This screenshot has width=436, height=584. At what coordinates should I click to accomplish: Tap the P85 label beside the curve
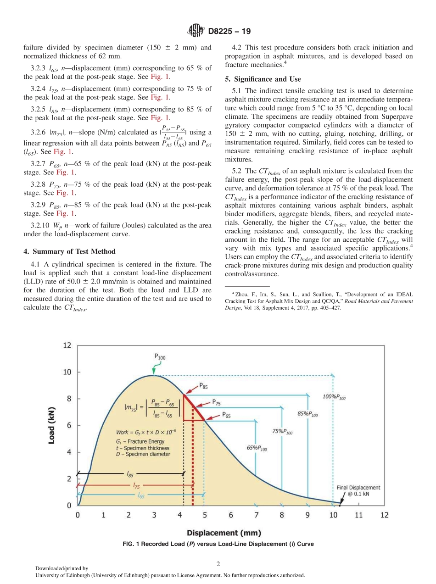pyautogui.click(x=203, y=387)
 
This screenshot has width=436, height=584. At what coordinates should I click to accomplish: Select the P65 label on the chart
pyautogui.click(x=226, y=414)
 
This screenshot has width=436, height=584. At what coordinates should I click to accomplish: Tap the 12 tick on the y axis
pyautogui.click(x=67, y=345)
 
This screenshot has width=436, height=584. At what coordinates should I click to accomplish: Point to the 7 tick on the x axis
pyautogui.click(x=257, y=515)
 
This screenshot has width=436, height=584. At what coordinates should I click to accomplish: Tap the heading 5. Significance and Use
pyautogui.click(x=263, y=79)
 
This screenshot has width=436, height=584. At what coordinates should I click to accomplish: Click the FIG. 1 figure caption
pyautogui.click(x=218, y=544)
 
